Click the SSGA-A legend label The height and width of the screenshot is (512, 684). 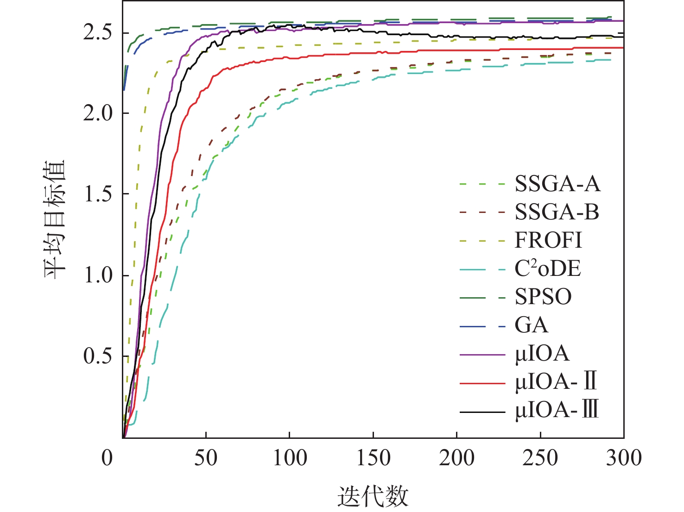[x=557, y=184]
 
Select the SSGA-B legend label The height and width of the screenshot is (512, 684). [x=557, y=212]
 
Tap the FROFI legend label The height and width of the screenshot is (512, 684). [x=548, y=241]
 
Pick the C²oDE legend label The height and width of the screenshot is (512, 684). [x=548, y=269]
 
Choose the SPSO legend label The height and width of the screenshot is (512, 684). [x=543, y=297]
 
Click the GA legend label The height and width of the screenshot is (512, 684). [x=532, y=325]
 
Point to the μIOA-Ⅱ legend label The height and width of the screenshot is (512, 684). [x=556, y=382]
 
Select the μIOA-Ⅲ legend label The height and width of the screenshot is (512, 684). [x=557, y=411]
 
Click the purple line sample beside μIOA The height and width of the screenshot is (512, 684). [x=482, y=355]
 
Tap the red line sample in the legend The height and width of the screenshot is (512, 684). [x=482, y=383]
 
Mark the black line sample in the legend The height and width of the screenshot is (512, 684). [x=482, y=412]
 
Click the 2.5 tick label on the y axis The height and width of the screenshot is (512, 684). [x=98, y=33]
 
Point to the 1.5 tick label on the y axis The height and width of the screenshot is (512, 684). [x=98, y=194]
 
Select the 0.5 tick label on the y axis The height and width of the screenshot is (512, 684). [x=98, y=356]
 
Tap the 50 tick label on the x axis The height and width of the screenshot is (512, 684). [x=205, y=458]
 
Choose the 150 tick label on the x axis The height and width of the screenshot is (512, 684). [x=373, y=458]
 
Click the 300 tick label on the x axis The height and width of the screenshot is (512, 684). [x=624, y=458]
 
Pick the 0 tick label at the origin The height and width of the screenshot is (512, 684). [x=108, y=458]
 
